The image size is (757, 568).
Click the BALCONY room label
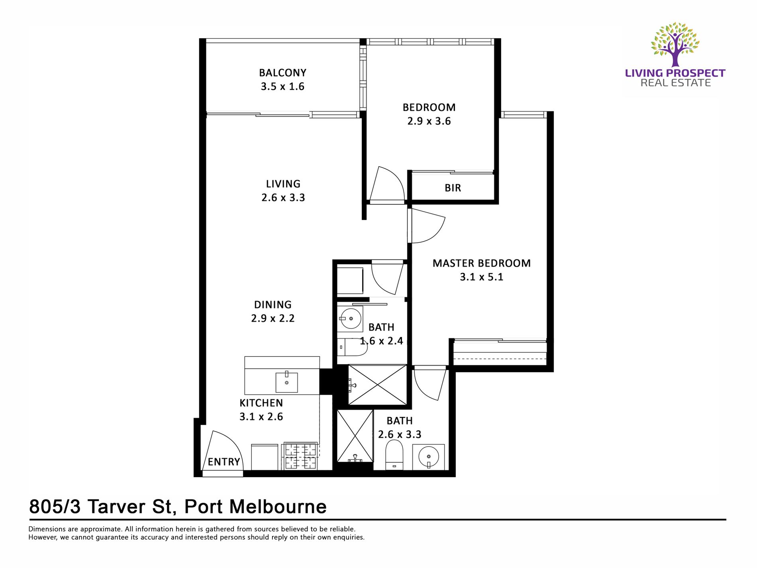pos(282,73)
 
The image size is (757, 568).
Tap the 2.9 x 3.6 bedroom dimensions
pos(429,121)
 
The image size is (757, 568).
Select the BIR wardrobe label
pos(453,188)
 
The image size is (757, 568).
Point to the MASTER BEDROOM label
pos(481,263)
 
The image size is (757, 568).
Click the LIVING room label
pos(283,184)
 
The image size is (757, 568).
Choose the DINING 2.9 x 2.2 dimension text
pos(273,318)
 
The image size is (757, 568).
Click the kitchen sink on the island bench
pos(286,382)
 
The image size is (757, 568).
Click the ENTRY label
pos(224,462)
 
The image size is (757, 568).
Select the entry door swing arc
pos(225,446)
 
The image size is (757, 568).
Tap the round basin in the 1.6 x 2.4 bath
pos(351,318)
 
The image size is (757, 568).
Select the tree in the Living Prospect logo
pos(675,44)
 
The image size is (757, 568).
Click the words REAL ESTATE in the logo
pos(675,83)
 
